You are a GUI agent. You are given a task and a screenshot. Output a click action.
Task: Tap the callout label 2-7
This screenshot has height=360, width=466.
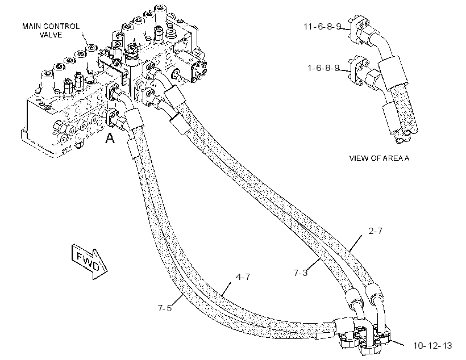[x=375, y=231]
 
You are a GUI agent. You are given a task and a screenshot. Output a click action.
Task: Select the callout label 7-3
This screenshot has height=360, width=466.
[x=301, y=273]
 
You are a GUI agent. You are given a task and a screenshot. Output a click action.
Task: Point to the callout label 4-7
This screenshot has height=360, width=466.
[x=243, y=277]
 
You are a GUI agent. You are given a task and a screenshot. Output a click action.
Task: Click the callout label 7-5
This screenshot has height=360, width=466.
[x=165, y=308]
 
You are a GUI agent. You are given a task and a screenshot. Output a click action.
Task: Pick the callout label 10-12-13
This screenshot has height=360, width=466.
[x=432, y=346]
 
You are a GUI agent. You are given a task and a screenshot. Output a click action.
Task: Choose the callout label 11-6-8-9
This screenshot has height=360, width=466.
[x=322, y=27]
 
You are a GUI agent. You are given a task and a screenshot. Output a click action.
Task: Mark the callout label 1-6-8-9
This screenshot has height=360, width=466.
[x=323, y=68]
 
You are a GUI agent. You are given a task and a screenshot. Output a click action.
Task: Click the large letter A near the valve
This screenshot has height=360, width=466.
[x=110, y=138]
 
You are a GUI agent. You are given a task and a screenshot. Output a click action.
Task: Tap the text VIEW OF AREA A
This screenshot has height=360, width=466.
[x=379, y=158]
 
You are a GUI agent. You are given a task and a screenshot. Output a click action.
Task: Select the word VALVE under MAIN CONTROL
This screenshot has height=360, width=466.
[x=51, y=35]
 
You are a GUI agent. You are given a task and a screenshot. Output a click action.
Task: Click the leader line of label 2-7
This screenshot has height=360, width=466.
[x=355, y=243]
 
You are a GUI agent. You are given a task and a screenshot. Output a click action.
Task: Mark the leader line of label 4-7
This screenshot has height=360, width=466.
[x=226, y=288]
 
